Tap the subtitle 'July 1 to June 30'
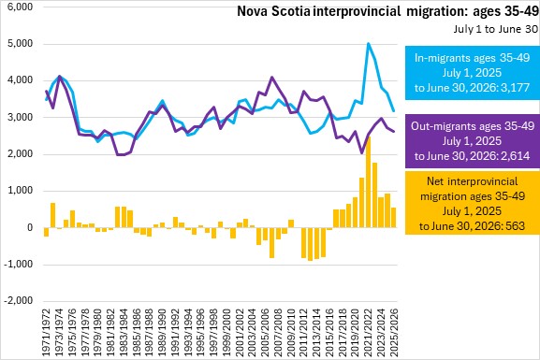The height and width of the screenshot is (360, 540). pos(495,29)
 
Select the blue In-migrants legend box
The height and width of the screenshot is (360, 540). pos(473,73)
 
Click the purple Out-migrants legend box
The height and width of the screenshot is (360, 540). pos(473,141)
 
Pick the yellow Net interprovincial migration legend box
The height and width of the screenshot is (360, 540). pos(473,203)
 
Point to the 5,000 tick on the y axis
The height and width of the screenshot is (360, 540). pos(20,44)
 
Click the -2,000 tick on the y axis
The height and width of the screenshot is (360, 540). pos(19,300)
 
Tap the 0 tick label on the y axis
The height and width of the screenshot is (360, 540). pos(30,227)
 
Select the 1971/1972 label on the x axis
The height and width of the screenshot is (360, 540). pos(46,331)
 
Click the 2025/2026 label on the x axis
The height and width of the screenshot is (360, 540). pos(394,331)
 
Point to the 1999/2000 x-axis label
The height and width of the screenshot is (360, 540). pos(226,331)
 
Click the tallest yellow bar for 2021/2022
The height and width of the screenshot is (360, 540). pos(368,182)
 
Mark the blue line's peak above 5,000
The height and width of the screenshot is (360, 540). pos(368,43)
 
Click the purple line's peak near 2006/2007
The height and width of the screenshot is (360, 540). pos(272,77)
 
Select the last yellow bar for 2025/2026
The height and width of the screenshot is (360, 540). pos(394,218)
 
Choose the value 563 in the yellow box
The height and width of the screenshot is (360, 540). pos(516,225)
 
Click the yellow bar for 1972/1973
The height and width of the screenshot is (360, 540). pos(52,215)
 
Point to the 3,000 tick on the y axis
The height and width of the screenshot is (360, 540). pos(20,117)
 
